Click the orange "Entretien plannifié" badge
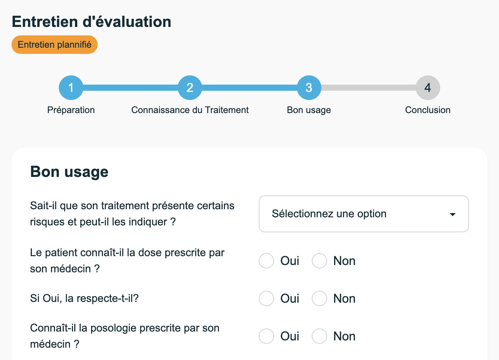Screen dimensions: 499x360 [55, 45]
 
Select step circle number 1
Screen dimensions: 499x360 [71, 88]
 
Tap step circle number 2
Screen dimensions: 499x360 [190, 88]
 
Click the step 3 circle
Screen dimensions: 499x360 [309, 88]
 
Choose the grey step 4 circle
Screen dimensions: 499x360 [428, 88]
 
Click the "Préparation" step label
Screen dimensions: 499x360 [71, 110]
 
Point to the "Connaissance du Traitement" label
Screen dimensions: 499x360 [190, 110]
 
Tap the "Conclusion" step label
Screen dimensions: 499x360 [428, 110]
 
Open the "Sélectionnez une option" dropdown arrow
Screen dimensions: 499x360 [452, 215]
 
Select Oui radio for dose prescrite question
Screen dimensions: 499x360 [266, 261]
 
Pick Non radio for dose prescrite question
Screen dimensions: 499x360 [319, 261]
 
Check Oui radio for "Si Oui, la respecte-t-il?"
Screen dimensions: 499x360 [266, 298]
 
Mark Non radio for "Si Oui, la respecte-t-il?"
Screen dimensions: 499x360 [319, 298]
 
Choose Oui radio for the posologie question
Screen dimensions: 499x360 [266, 336]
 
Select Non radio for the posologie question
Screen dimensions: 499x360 [319, 336]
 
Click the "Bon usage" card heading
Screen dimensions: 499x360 [69, 172]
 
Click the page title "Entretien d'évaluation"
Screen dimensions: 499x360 [91, 22]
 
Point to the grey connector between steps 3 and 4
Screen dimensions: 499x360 [368, 88]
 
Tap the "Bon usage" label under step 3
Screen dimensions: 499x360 [309, 110]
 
